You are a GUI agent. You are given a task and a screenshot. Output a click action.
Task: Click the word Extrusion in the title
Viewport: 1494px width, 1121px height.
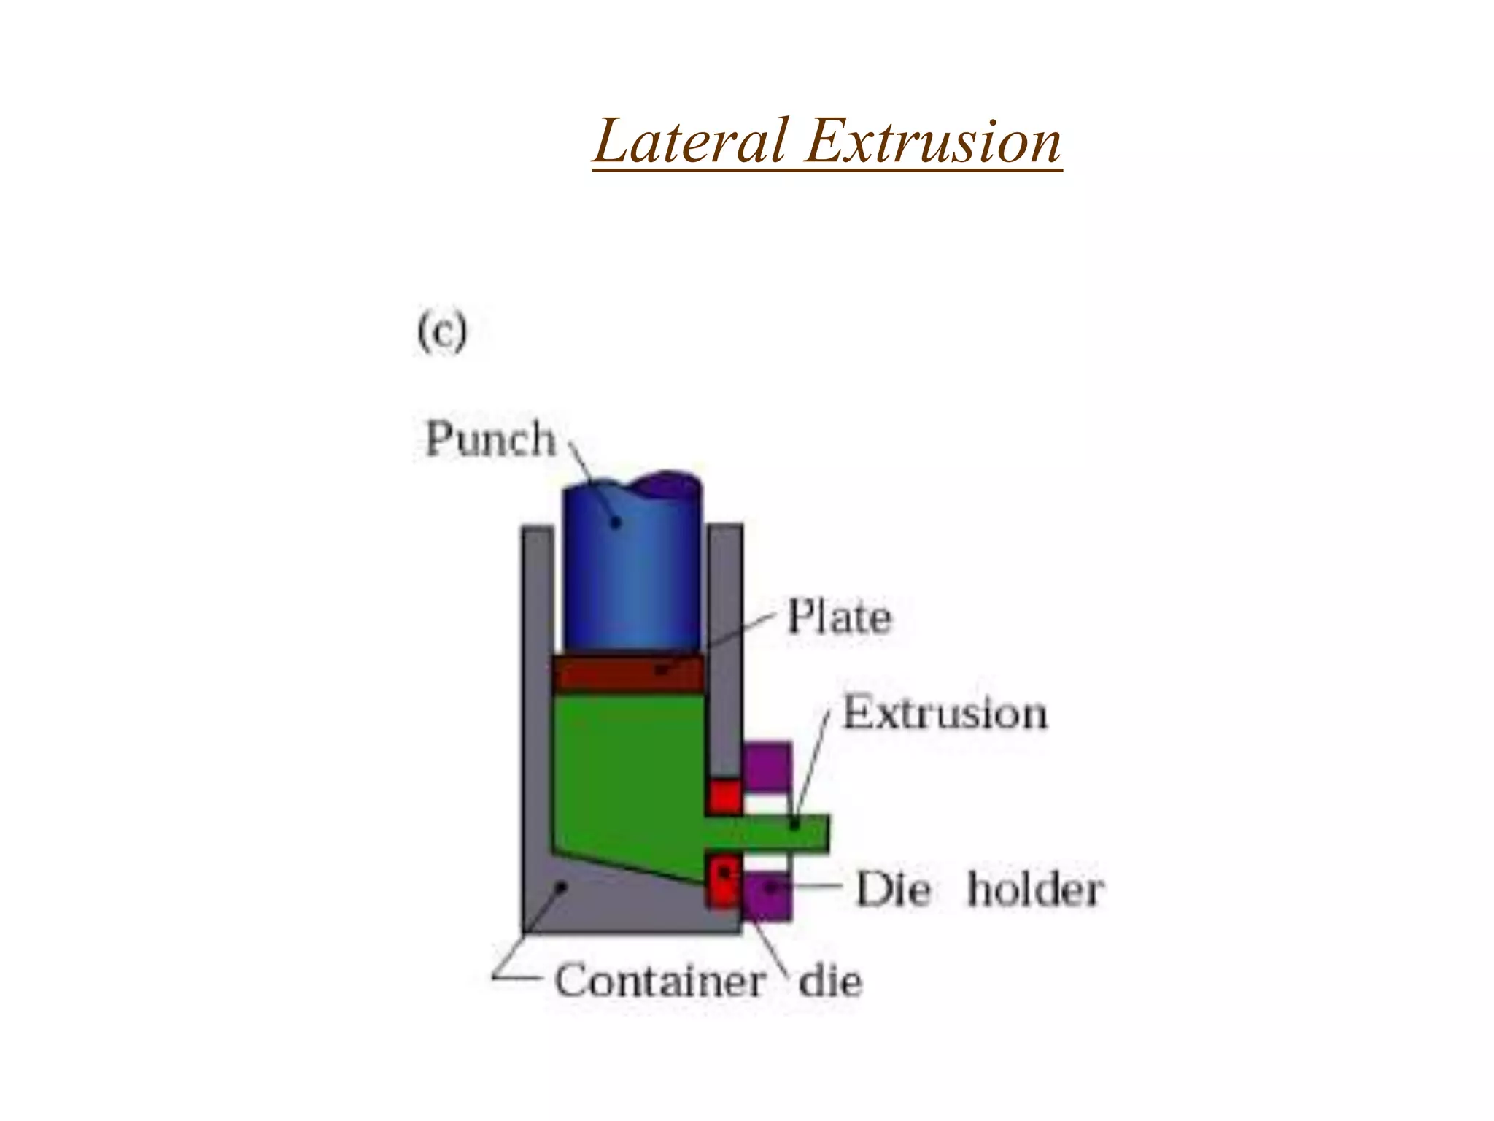tap(933, 140)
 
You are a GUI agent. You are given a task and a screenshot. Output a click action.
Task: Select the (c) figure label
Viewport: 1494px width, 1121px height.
tap(442, 332)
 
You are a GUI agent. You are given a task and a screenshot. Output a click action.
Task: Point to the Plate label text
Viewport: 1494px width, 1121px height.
tap(839, 617)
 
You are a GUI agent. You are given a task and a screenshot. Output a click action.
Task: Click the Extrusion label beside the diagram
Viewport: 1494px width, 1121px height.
tap(945, 712)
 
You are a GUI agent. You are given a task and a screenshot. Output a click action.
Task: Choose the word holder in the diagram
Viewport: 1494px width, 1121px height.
tap(1035, 890)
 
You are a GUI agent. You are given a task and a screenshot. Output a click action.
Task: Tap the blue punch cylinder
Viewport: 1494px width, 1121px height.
tap(631, 569)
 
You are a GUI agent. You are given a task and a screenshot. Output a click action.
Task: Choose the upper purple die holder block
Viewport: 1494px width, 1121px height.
tap(767, 766)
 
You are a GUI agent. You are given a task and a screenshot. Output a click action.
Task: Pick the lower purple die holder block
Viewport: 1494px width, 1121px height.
tap(767, 895)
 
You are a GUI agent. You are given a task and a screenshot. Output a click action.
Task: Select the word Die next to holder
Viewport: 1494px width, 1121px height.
tap(893, 890)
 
